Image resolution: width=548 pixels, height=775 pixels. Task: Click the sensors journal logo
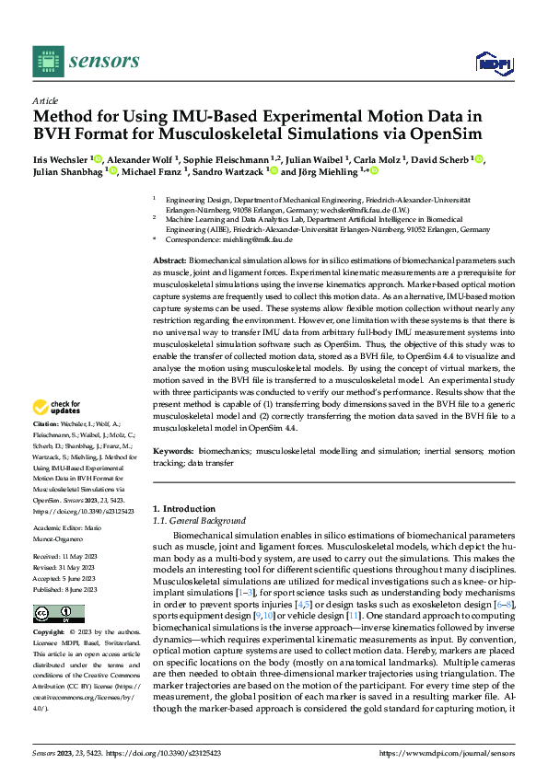point(87,61)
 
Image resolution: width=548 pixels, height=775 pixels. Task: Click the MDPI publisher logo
point(492,63)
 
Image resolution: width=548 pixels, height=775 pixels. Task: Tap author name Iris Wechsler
point(60,157)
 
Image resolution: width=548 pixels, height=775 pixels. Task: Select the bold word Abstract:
point(170,262)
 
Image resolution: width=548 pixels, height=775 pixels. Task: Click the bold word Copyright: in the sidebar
point(52,633)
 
